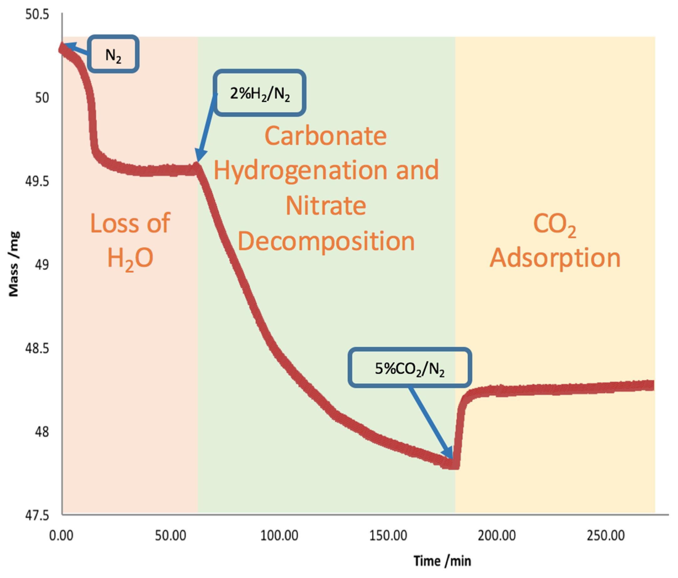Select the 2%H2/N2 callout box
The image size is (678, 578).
click(x=259, y=93)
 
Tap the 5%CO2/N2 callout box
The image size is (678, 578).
click(x=409, y=368)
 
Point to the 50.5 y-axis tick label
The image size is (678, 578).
click(x=37, y=15)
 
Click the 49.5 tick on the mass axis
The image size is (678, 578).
click(x=37, y=181)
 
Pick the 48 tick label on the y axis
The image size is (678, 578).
click(x=42, y=432)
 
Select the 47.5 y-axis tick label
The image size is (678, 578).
click(x=37, y=515)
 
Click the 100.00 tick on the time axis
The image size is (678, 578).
click(x=279, y=536)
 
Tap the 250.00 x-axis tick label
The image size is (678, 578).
click(x=606, y=536)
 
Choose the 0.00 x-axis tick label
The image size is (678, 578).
click(x=61, y=536)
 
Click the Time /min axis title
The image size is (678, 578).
click(x=442, y=561)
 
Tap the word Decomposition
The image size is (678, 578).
click(x=326, y=241)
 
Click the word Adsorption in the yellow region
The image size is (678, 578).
click(x=555, y=258)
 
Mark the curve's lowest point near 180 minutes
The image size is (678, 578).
click(x=454, y=464)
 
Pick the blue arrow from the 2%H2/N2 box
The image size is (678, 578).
click(x=206, y=128)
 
